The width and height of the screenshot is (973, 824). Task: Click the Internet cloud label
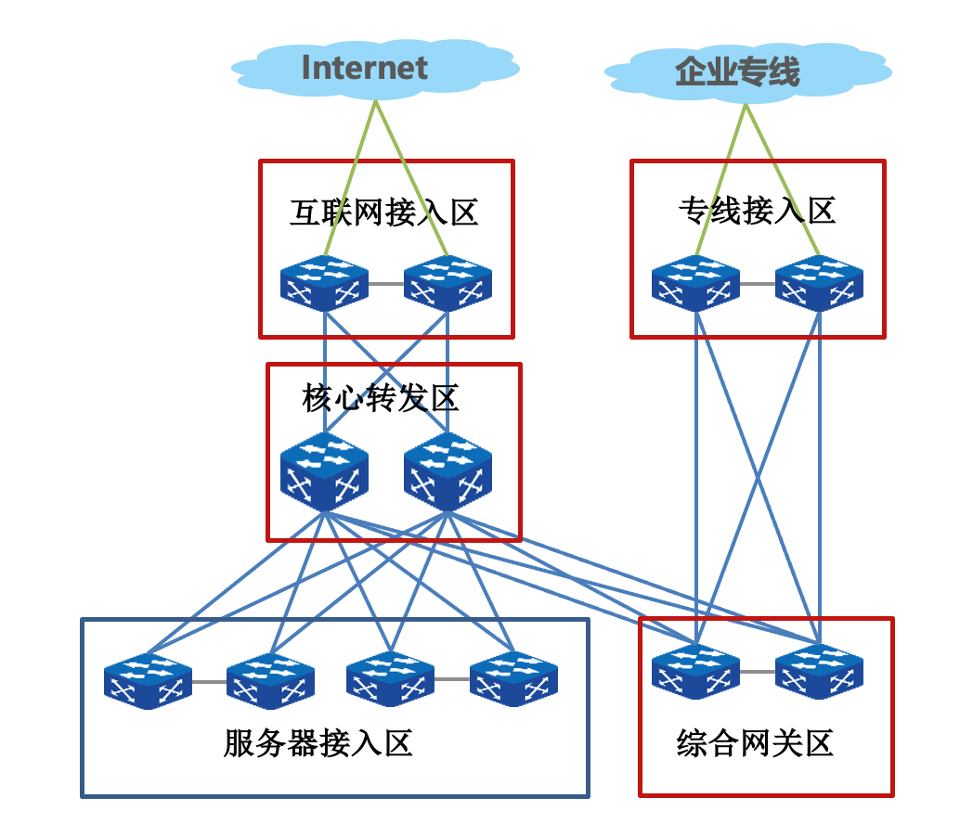click(365, 68)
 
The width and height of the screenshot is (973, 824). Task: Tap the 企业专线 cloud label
click(738, 71)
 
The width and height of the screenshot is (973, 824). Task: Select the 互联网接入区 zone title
click(384, 212)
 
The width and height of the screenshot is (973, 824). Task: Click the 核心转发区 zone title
click(381, 398)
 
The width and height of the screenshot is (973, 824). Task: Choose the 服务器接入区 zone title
click(318, 743)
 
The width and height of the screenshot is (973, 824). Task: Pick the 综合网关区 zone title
click(755, 743)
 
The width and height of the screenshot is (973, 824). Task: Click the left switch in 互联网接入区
click(324, 283)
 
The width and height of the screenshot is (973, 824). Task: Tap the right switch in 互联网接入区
click(448, 283)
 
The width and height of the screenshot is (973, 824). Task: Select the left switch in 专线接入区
click(695, 283)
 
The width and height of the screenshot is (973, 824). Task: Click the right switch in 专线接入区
click(819, 283)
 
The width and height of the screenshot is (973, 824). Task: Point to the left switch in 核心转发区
click(324, 476)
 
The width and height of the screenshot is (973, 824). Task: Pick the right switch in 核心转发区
click(448, 476)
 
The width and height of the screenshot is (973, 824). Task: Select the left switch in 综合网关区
click(695, 671)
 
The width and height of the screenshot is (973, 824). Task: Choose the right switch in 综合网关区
click(819, 671)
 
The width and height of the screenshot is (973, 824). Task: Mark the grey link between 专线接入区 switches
click(758, 283)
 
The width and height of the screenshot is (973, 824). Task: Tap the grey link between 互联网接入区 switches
click(386, 283)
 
